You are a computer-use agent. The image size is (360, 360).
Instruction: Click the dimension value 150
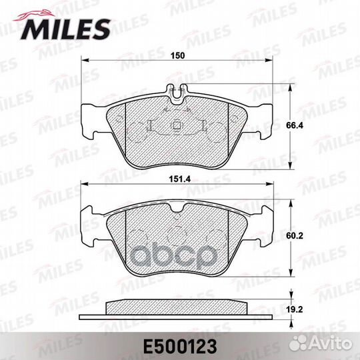coord(178,55)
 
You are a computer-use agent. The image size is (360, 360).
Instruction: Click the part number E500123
coord(180,347)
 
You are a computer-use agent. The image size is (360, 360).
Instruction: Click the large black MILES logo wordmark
coord(65,29)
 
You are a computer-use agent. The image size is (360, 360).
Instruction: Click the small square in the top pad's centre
coord(176,125)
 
